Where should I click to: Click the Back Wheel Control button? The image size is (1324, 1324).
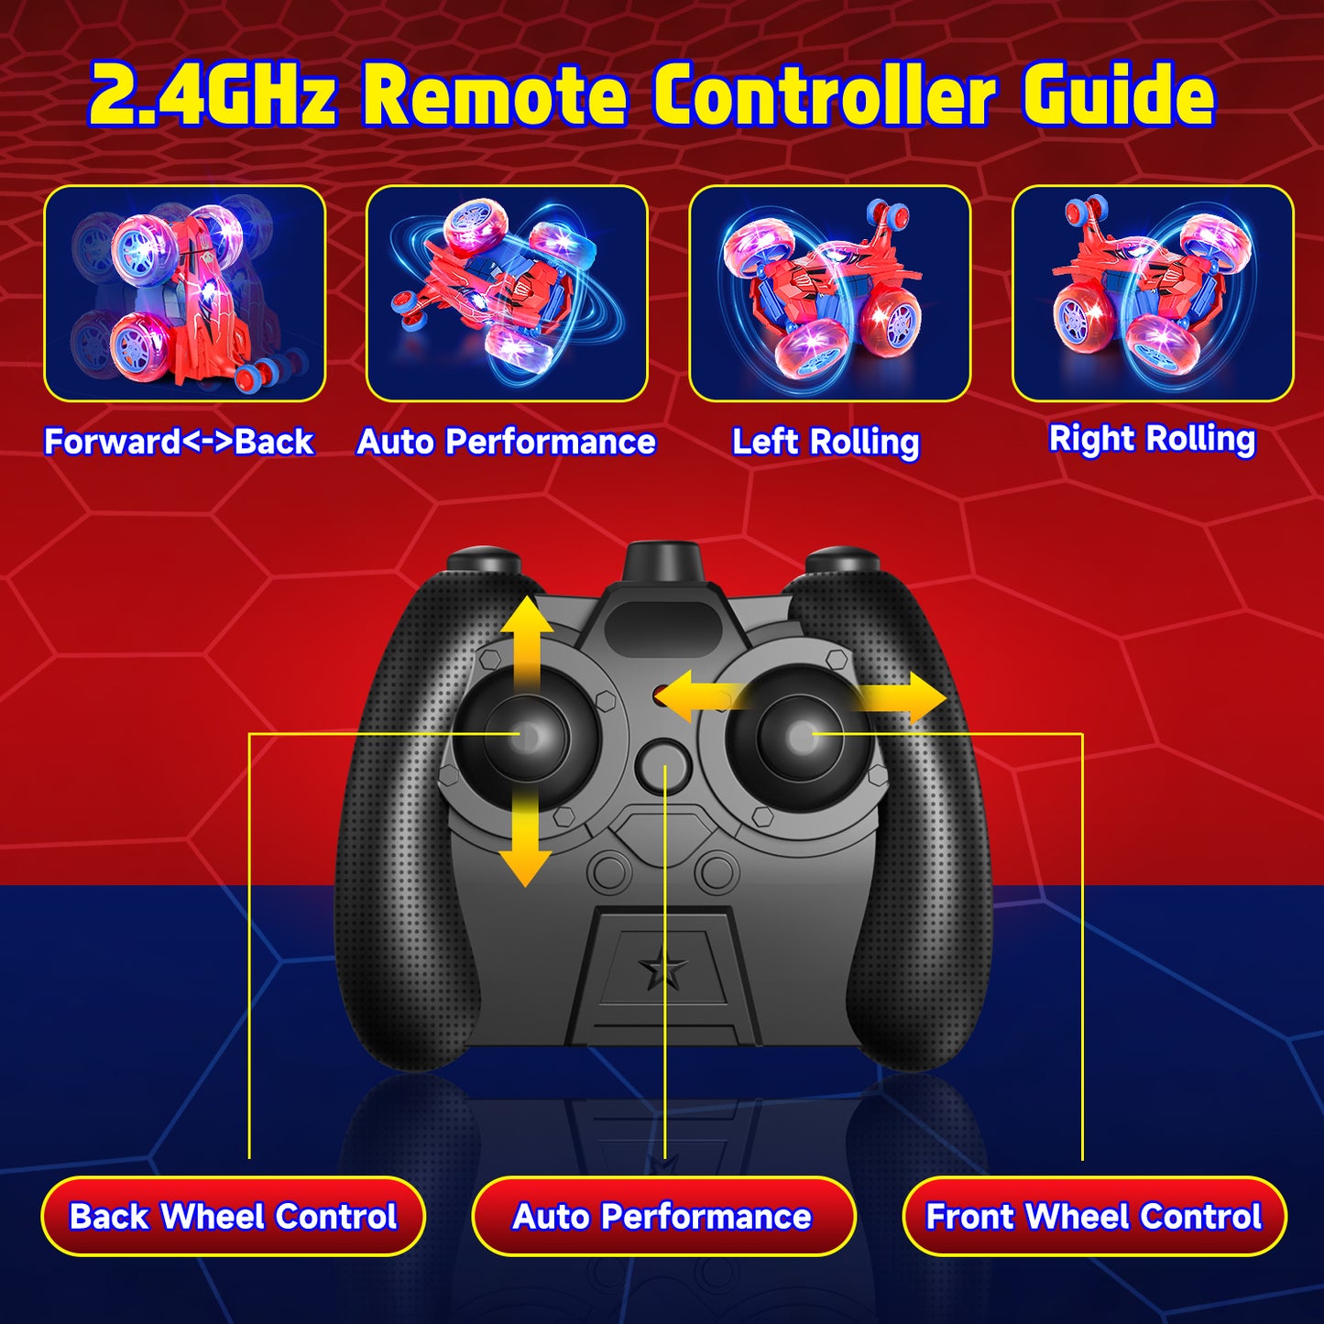point(233,1216)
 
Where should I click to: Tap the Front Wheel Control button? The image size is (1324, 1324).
point(1094,1216)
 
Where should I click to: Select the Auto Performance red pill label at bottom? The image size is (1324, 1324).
point(663,1216)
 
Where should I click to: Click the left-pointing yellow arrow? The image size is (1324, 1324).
point(696,697)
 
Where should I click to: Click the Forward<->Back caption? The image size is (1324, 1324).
point(180,441)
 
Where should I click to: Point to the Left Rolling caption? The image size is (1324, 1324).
point(826,442)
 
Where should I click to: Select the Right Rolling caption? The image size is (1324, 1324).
point(1153,439)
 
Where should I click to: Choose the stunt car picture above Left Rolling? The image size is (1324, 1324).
point(829,293)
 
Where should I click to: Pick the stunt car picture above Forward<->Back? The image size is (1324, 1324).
point(184,293)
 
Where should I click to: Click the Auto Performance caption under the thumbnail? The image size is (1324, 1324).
point(507,442)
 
